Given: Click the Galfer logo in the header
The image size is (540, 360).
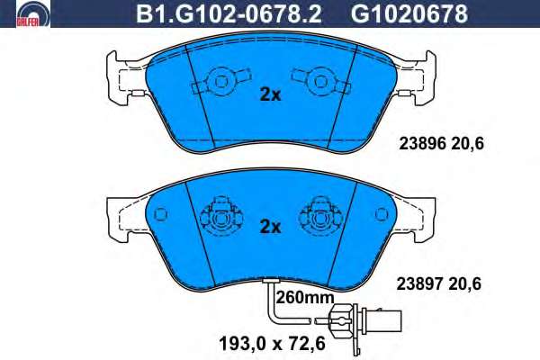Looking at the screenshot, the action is [x=33, y=13].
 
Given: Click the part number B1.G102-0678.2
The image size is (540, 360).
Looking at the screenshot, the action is [x=229, y=13].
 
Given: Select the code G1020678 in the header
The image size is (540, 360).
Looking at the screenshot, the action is [x=409, y=13].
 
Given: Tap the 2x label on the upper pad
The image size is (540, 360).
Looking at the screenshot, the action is [x=270, y=94].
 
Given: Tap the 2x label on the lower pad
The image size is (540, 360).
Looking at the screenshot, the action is [x=270, y=227].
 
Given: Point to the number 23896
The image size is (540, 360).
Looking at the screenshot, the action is [x=423, y=144].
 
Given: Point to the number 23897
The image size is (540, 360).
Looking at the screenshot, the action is [x=420, y=284].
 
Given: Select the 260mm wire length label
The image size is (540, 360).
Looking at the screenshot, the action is [x=305, y=297].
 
